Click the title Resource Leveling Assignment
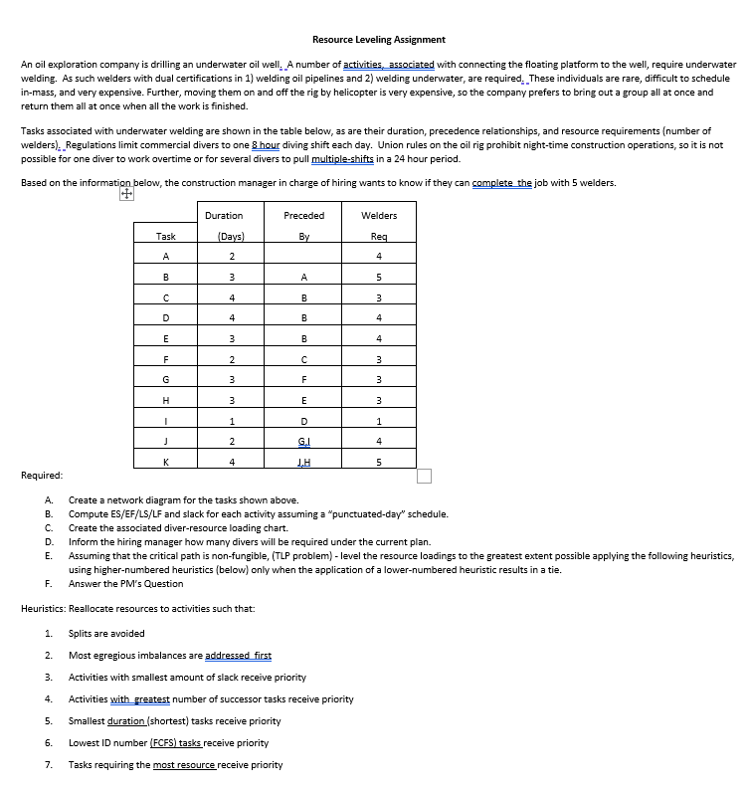pyautogui.click(x=378, y=40)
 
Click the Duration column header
pyautogui.click(x=224, y=215)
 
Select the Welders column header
pyautogui.click(x=379, y=215)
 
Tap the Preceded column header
pyautogui.click(x=303, y=215)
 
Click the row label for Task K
pyautogui.click(x=166, y=461)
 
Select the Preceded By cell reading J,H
pyautogui.click(x=303, y=461)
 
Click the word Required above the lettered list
pyautogui.click(x=42, y=476)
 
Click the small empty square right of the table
pyautogui.click(x=424, y=476)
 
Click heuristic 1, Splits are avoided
pyautogui.click(x=106, y=634)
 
